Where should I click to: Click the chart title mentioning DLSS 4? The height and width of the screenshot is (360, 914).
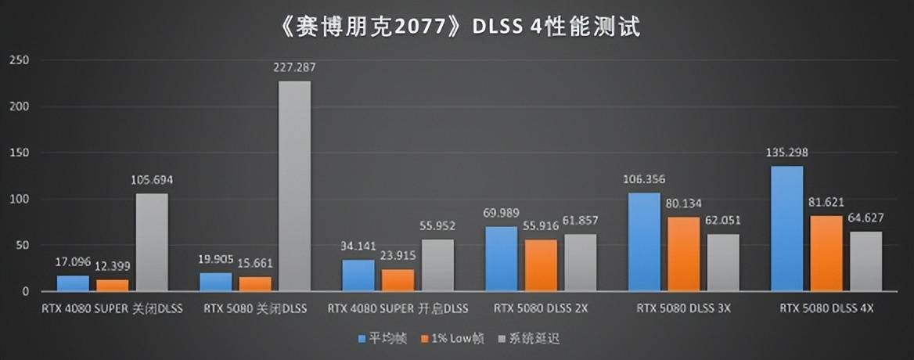[x=458, y=28]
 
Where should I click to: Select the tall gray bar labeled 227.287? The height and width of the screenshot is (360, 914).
[x=294, y=186]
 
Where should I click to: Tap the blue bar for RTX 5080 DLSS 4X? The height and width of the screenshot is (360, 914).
[x=787, y=229]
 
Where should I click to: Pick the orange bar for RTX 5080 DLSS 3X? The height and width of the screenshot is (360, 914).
[x=684, y=254]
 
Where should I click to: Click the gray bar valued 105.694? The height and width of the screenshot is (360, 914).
[x=152, y=243]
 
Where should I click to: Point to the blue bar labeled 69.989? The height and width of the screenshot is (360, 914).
[x=501, y=259]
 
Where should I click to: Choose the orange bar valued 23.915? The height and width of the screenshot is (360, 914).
[x=398, y=280]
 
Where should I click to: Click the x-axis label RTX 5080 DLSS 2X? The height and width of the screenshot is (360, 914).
[x=541, y=309]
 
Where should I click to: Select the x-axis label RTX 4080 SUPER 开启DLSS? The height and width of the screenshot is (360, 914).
[x=398, y=309]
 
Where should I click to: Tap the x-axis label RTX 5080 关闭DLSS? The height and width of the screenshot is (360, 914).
[x=255, y=309]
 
